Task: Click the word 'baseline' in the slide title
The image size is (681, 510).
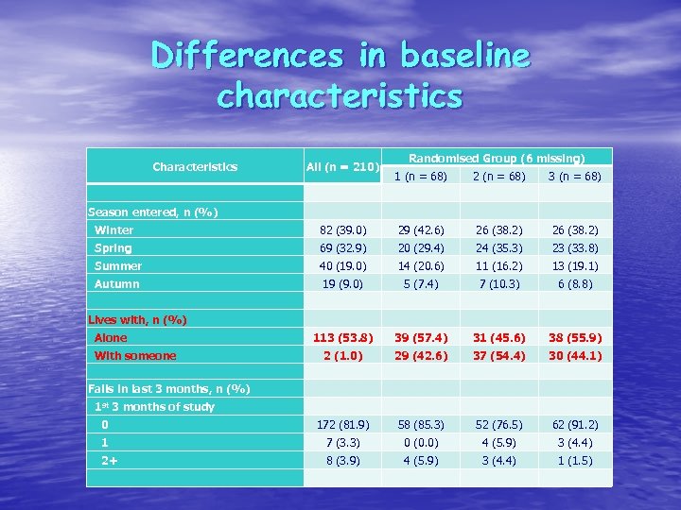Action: (465, 56)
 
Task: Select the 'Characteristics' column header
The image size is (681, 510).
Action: (195, 167)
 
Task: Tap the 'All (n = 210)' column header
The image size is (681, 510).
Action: (342, 167)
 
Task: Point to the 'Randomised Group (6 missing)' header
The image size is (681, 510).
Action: (497, 159)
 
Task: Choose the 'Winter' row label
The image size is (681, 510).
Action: (113, 230)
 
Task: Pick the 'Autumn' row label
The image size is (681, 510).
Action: (116, 284)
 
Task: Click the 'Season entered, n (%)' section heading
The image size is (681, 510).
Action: (152, 212)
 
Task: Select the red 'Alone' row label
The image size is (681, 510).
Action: (110, 338)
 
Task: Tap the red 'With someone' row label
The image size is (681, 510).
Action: (135, 356)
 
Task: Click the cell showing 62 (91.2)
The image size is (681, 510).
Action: (575, 425)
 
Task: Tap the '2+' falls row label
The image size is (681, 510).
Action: (110, 461)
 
